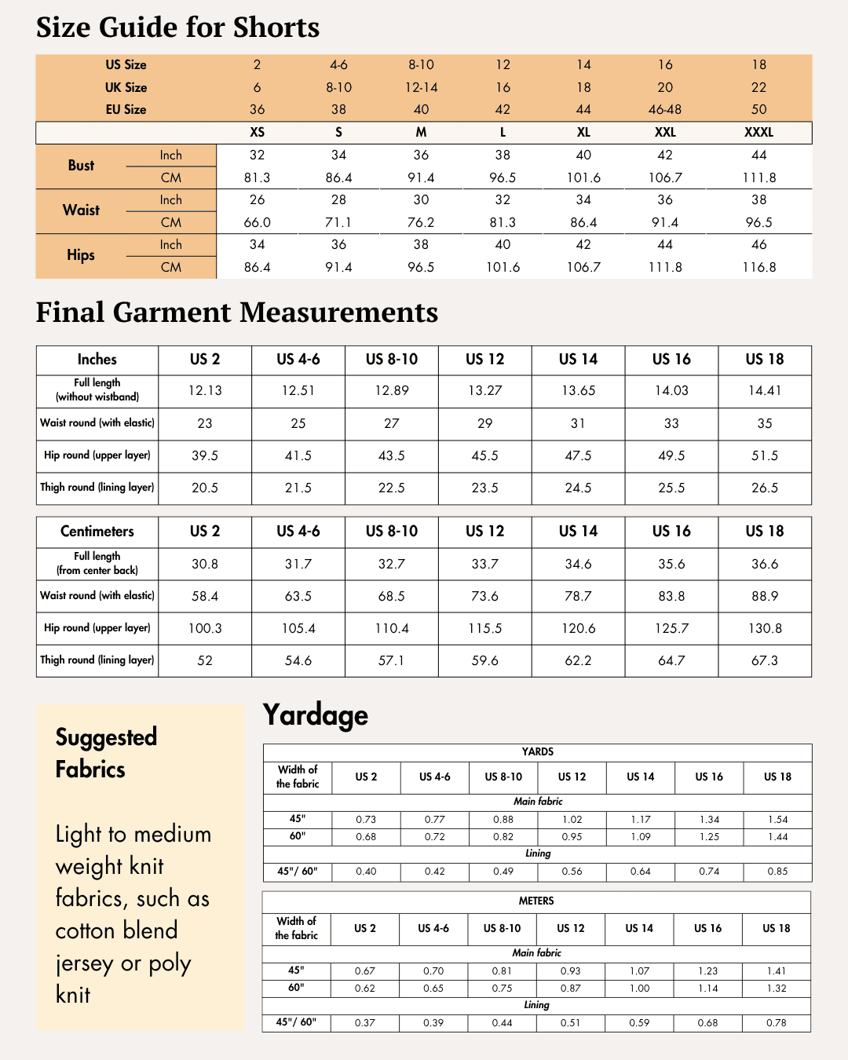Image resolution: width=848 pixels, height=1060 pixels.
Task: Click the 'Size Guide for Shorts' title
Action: [177, 27]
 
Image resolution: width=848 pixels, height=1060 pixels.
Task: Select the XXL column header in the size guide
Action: [665, 132]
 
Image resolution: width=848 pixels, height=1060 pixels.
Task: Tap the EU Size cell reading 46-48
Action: [665, 109]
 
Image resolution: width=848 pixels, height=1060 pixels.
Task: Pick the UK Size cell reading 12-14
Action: [421, 87]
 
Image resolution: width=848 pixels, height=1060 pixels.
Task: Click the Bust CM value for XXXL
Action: [758, 177]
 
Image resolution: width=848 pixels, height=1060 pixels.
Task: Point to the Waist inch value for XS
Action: [257, 200]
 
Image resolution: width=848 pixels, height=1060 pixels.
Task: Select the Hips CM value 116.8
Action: [758, 267]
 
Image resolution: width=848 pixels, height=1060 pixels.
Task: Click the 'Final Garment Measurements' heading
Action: [236, 313]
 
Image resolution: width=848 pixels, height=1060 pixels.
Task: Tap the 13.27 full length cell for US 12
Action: [484, 390]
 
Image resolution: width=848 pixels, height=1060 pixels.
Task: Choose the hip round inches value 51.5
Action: [764, 455]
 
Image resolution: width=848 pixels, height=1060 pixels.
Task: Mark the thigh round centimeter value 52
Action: [204, 660]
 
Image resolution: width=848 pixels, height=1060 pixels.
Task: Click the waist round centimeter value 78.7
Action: [578, 596]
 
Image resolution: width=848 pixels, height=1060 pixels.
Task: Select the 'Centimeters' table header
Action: [97, 532]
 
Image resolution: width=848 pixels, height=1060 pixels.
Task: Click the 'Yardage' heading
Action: [315, 715]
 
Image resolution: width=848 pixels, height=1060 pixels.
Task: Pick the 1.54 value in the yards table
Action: [777, 819]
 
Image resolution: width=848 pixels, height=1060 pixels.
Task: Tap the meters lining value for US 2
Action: [364, 1022]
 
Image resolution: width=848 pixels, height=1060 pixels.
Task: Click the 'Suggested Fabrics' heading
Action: [106, 753]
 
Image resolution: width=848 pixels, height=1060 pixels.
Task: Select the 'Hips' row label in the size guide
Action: [81, 255]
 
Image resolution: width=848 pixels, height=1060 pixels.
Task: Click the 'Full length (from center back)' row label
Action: [97, 563]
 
